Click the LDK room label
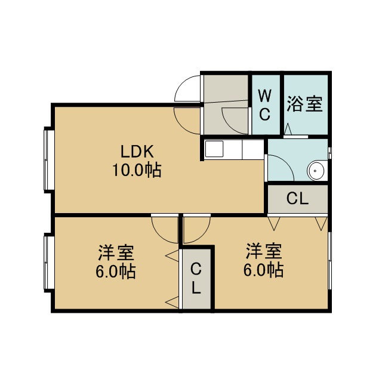click(x=137, y=151)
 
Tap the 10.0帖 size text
click(x=137, y=170)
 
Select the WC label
click(x=264, y=105)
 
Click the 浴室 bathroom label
click(x=304, y=104)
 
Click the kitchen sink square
click(x=214, y=149)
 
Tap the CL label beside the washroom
click(x=297, y=199)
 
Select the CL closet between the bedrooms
click(x=196, y=279)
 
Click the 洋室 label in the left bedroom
click(x=116, y=252)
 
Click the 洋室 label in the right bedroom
click(x=264, y=251)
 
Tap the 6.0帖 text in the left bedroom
click(x=115, y=272)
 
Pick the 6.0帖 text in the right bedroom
click(x=264, y=270)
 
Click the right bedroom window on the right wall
click(x=329, y=261)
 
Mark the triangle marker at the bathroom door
click(x=288, y=129)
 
